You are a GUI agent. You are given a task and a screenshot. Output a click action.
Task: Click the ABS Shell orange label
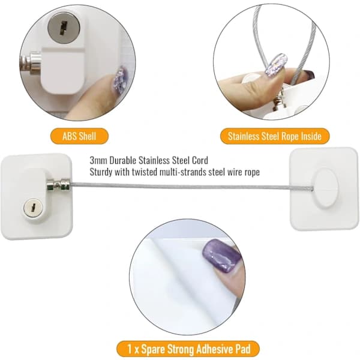(x=79, y=136)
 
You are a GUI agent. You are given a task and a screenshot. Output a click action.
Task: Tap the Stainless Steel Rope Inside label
(x=275, y=136)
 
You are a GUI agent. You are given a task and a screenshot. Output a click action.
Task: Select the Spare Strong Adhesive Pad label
(x=188, y=349)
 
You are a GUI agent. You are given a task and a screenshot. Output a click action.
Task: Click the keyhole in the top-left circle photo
(x=64, y=28)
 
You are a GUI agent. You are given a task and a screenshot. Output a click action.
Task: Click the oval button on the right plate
(x=325, y=188)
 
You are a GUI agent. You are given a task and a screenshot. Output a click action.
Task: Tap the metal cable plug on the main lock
(x=58, y=185)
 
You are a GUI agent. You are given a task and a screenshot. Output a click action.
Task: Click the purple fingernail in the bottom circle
(x=221, y=256)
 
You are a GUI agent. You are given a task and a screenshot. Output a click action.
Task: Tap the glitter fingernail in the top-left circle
(x=120, y=80)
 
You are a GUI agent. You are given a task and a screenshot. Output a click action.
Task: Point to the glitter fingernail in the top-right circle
(x=276, y=64)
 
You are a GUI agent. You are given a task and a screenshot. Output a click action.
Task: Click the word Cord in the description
(x=200, y=160)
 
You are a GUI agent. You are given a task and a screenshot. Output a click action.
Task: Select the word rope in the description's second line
(x=252, y=173)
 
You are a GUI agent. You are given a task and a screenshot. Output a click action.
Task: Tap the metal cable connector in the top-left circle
(x=31, y=62)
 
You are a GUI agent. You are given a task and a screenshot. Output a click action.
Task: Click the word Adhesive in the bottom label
(x=206, y=349)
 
